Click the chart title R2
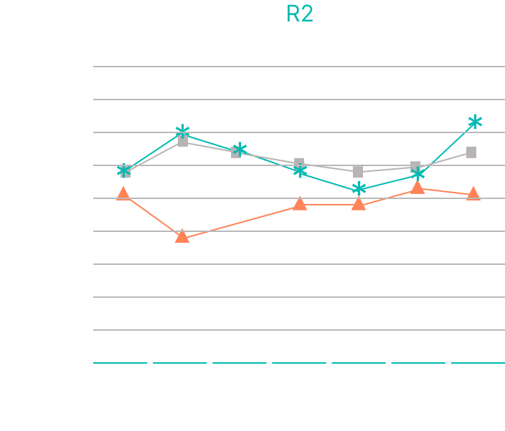(299, 14)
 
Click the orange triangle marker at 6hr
(182, 236)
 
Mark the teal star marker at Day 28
(474, 122)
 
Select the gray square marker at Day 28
(471, 152)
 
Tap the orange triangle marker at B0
(123, 193)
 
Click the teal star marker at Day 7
(359, 189)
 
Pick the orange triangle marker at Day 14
(417, 188)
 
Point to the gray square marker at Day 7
(359, 172)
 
